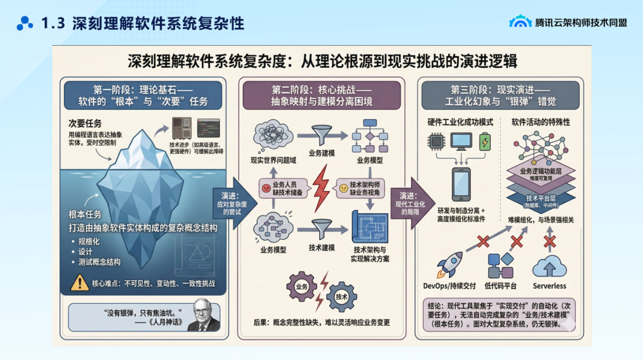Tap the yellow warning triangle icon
[x=79, y=283]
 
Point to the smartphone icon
[x=461, y=183]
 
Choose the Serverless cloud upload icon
[x=549, y=266]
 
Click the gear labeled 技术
[x=341, y=296]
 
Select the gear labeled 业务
[x=302, y=286]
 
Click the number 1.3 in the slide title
[x=53, y=24]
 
